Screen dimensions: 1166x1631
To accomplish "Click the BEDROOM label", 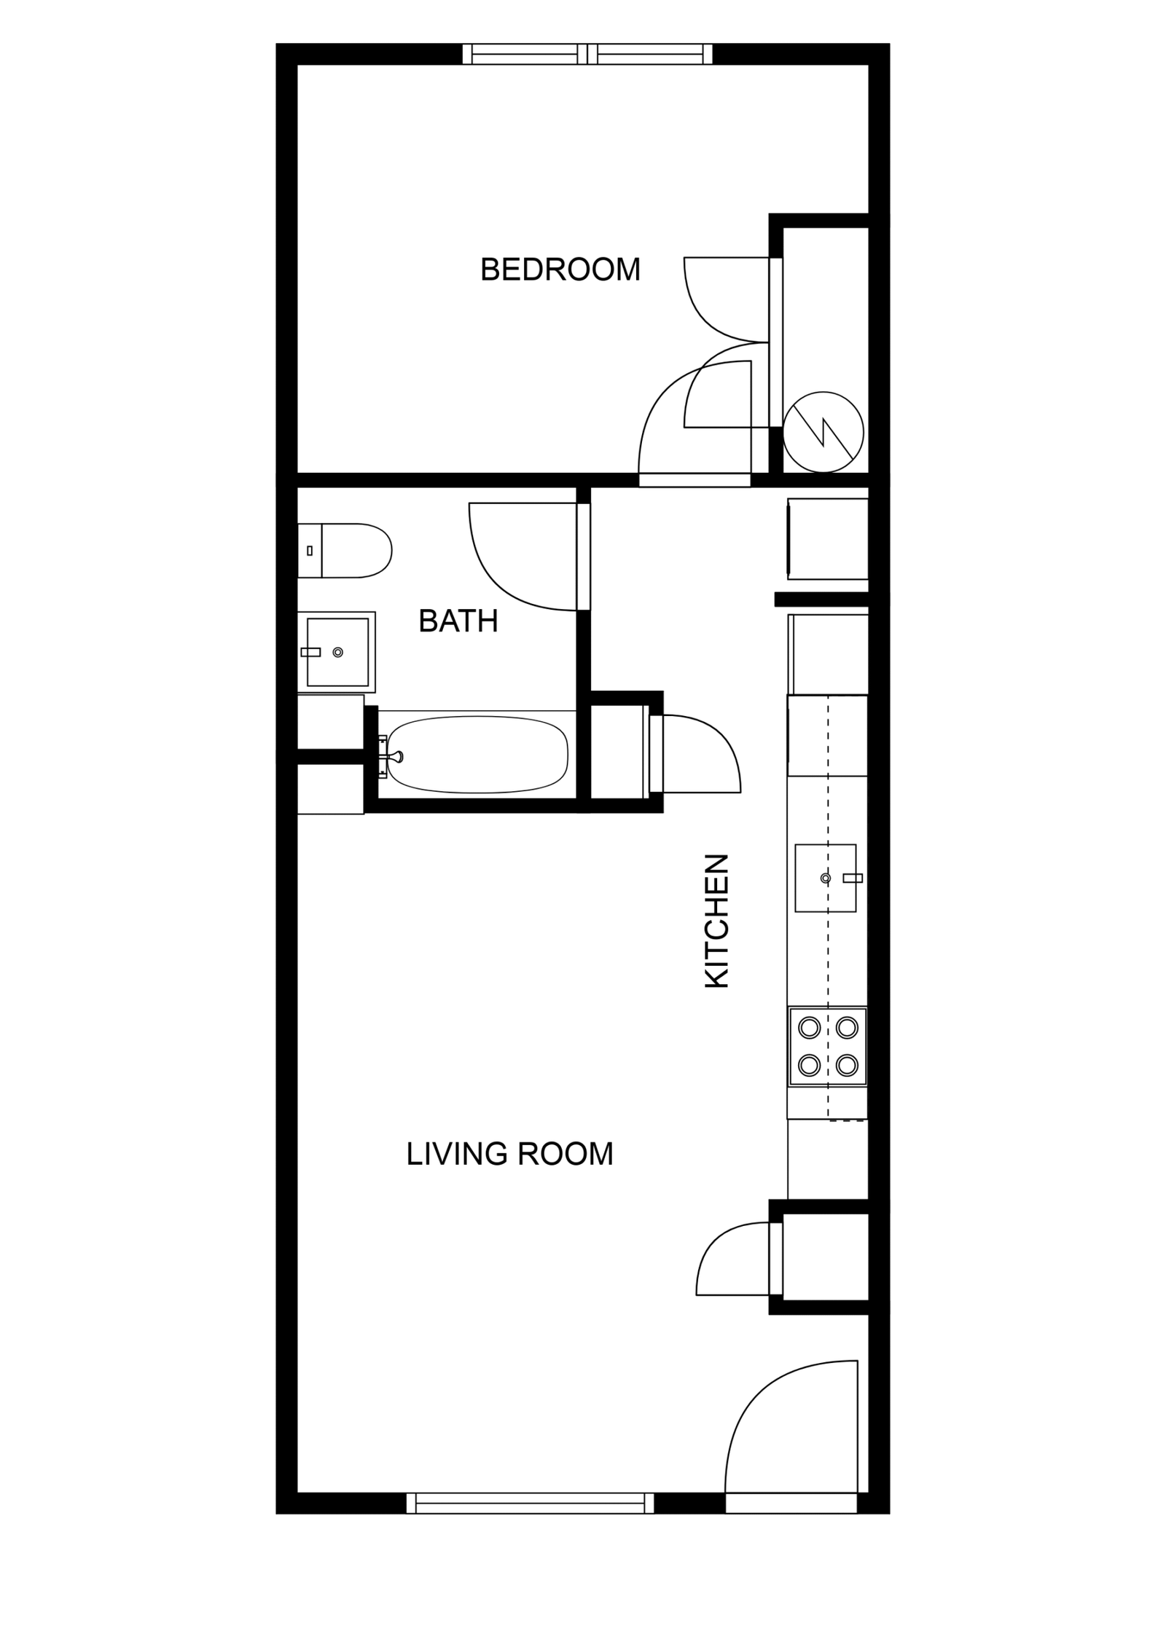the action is (x=560, y=270).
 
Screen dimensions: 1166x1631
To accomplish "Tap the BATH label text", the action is (x=458, y=621).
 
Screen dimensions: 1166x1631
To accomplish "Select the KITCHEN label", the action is (x=717, y=921).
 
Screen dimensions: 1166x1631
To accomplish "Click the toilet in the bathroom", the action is (x=345, y=550).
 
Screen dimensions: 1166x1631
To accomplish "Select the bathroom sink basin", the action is (x=337, y=652).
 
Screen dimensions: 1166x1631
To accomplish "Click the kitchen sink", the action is (x=825, y=878).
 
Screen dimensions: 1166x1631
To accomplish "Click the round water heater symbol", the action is (x=823, y=432).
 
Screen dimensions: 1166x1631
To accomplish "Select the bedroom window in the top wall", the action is (x=587, y=54).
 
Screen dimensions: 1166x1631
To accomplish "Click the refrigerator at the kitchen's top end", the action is (x=828, y=539).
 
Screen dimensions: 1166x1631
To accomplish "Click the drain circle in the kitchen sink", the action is (x=826, y=879).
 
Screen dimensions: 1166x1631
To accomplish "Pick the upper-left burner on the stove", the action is (x=810, y=1028).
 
